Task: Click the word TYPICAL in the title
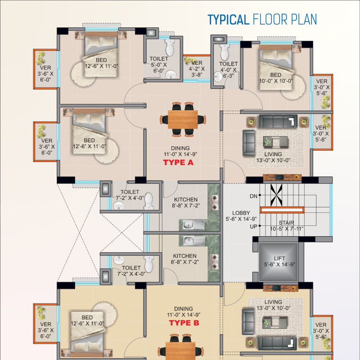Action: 229,19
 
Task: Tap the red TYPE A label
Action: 178,162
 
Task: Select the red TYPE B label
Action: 184,323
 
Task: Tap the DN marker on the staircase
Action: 253,196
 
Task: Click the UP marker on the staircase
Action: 253,227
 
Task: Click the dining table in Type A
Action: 183,120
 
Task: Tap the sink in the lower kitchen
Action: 194,240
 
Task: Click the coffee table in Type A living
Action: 275,142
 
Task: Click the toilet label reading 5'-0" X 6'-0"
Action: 159,65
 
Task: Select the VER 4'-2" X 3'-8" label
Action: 197,69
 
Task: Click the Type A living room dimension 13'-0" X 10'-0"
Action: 273,160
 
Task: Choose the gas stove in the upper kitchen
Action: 215,202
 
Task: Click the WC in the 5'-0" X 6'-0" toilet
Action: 170,48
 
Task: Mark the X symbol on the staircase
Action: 276,195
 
